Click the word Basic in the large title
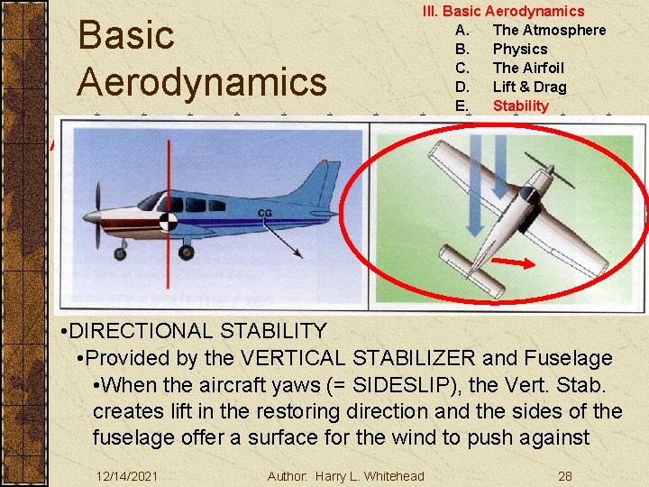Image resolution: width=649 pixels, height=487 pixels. click(x=126, y=36)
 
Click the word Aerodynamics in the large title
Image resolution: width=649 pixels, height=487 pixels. click(x=202, y=82)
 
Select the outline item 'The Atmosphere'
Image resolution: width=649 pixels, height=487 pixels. click(x=549, y=30)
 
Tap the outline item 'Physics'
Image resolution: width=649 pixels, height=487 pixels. click(x=519, y=49)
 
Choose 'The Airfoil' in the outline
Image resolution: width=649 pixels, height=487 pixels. click(x=527, y=68)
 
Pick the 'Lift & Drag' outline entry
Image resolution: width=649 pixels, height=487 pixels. click(x=529, y=87)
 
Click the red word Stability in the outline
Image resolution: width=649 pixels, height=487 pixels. click(x=520, y=106)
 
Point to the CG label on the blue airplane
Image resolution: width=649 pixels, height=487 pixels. click(x=265, y=214)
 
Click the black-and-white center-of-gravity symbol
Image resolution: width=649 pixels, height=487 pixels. click(x=169, y=222)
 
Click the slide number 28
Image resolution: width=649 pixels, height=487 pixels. click(x=564, y=475)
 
